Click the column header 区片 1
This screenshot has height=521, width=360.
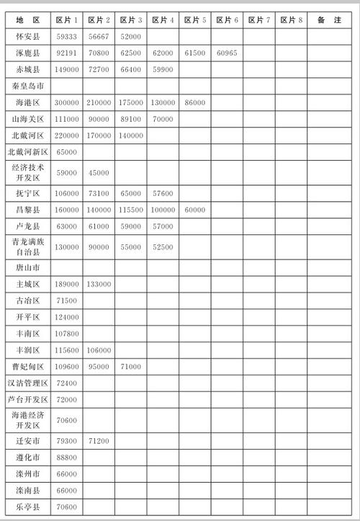pos(67,19)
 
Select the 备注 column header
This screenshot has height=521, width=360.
pos(329,19)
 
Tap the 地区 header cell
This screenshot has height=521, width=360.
pos(27,19)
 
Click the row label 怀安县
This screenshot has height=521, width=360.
pos(27,36)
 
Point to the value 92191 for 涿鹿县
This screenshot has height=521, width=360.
pos(67,53)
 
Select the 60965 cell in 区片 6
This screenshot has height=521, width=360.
pos(226,53)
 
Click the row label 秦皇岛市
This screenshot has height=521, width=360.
pos(27,86)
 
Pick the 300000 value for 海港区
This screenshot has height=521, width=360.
pos(67,103)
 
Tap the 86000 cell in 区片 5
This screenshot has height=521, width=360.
pos(194,103)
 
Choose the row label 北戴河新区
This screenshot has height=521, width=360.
pos(27,152)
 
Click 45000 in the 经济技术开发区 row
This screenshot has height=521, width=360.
pos(99,172)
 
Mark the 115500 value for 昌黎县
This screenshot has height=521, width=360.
pos(130,210)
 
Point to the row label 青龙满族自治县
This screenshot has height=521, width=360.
pos(27,246)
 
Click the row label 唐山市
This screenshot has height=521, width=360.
pos(27,267)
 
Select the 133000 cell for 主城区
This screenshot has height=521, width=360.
pos(99,284)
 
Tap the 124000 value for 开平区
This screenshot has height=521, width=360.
pos(67,317)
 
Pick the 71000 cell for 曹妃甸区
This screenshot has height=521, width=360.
pos(130,367)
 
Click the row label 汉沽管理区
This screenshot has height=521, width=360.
pos(27,383)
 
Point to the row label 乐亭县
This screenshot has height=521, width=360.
pos(27,507)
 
